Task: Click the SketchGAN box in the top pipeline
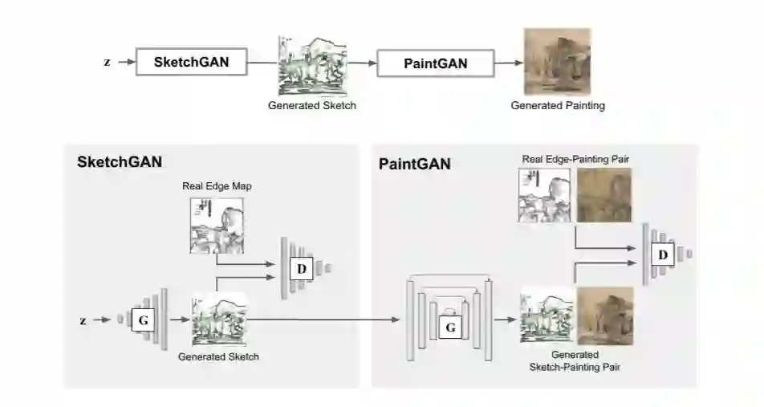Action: pos(193,62)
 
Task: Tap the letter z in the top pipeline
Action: pos(108,62)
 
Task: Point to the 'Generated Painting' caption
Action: pos(558,105)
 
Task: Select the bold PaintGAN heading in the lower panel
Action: pos(414,165)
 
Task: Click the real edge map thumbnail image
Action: pos(216,226)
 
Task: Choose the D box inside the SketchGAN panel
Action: pos(301,268)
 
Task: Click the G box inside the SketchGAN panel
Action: pos(143,320)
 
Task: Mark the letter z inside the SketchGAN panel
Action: pos(83,320)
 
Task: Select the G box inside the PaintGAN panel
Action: pos(450,327)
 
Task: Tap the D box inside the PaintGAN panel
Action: pos(662,255)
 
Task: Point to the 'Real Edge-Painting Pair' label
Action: pos(575,160)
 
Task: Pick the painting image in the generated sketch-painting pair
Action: pos(605,316)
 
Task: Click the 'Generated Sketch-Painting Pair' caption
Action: pos(575,360)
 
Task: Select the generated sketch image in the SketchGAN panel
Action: pos(218,319)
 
